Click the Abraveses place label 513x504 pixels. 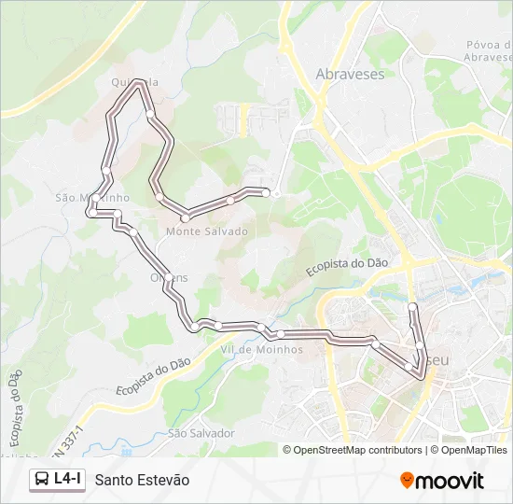pos(350,74)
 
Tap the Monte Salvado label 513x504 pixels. pos(207,231)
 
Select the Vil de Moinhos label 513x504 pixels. pos(261,350)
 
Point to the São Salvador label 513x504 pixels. pos(201,434)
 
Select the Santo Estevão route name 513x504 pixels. pos(142,480)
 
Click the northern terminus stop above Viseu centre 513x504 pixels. pos(412,306)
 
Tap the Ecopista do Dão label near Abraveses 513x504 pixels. pos(347,268)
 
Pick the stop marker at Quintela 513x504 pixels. pos(140,83)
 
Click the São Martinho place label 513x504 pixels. pos(92,198)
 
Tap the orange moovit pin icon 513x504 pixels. pos(408,481)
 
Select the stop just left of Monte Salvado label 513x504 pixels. pos(186,217)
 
